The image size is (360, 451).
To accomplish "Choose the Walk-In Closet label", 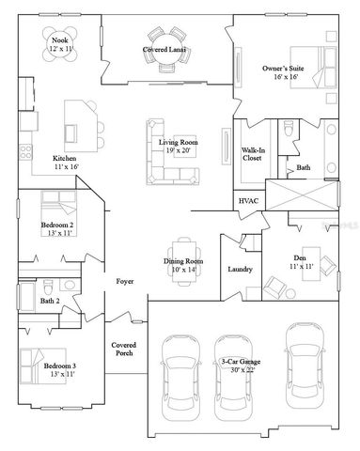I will click(252, 155).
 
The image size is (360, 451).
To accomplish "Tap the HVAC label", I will click(249, 201).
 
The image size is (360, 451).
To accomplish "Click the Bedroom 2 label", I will click(58, 226).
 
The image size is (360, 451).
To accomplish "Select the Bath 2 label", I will click(51, 302).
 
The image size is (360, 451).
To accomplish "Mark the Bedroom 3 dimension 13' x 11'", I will click(60, 373).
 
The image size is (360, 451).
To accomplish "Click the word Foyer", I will click(123, 281).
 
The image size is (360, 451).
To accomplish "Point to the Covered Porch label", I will click(125, 350).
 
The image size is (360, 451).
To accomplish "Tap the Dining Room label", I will click(183, 264).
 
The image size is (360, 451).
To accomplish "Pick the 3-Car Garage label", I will click(239, 363).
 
